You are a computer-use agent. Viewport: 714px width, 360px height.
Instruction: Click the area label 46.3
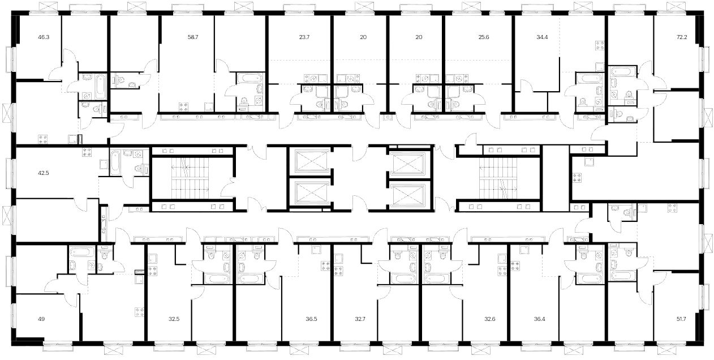coord(44,37)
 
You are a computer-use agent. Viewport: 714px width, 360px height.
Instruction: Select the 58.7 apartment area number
coord(193,37)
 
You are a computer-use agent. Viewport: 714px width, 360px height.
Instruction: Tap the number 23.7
coord(304,37)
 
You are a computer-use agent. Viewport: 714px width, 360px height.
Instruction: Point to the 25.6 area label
coord(484,37)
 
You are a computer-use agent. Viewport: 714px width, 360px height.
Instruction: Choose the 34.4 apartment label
coord(542,37)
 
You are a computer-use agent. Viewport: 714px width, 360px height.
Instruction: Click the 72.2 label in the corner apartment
coord(682,37)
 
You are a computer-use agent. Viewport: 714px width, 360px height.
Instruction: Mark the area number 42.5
coord(44,173)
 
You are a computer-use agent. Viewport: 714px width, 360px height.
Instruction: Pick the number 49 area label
coord(41,319)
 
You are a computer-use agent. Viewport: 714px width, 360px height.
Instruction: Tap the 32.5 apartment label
coord(174,319)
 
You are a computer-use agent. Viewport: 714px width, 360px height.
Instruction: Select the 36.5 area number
coord(311,319)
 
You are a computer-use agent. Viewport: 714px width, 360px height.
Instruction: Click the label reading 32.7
coord(360,319)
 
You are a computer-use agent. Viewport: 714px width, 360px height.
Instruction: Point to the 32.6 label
coord(490,319)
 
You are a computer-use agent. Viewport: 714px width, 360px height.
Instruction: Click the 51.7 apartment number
coord(681,319)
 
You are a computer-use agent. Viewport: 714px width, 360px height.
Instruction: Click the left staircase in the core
coord(190,178)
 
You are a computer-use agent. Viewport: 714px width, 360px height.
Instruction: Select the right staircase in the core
coord(498,178)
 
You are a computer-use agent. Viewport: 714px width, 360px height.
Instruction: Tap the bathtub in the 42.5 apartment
coord(115,162)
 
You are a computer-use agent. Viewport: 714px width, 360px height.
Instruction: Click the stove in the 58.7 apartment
coord(183,107)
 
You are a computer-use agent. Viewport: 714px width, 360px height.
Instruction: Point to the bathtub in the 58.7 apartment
coord(250,78)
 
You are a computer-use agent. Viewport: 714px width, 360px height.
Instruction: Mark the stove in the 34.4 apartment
coord(600,46)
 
